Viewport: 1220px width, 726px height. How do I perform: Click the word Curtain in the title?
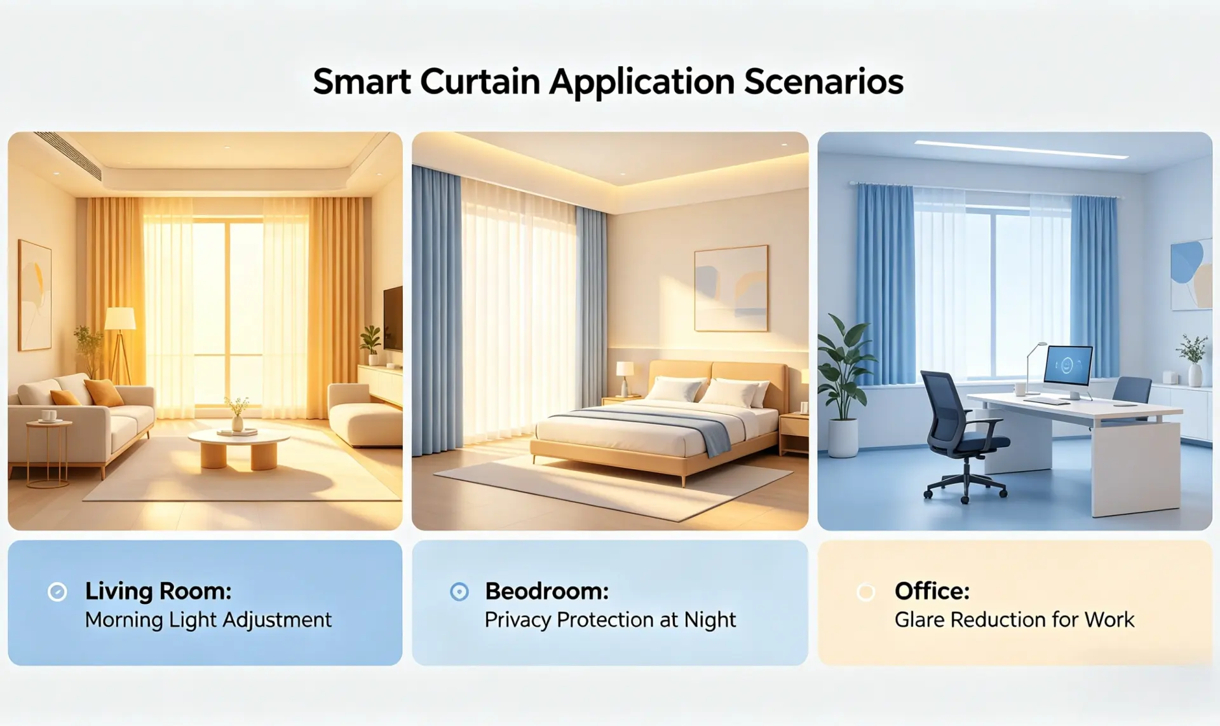[480, 82]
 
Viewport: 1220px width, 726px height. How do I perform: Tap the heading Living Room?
[158, 591]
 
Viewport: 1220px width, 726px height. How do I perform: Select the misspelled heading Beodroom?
[546, 591]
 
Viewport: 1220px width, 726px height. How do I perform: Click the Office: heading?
[932, 591]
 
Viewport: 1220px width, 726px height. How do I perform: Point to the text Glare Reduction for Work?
[1014, 619]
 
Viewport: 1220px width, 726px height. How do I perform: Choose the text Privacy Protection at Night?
[610, 620]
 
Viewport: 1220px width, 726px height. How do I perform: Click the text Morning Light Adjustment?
[208, 620]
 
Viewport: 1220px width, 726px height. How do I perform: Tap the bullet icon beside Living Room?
[57, 592]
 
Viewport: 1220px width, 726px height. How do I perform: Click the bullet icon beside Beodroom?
[459, 592]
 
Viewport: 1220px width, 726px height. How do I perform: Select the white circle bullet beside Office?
[865, 592]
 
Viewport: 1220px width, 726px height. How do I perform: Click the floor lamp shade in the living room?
[120, 318]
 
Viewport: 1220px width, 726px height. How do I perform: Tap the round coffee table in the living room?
[239, 448]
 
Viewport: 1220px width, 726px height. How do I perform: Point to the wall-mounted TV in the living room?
[393, 318]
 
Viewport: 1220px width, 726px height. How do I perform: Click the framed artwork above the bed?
[731, 289]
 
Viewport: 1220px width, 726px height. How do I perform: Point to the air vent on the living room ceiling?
[68, 154]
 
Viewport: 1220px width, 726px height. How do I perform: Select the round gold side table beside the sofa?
[49, 452]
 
